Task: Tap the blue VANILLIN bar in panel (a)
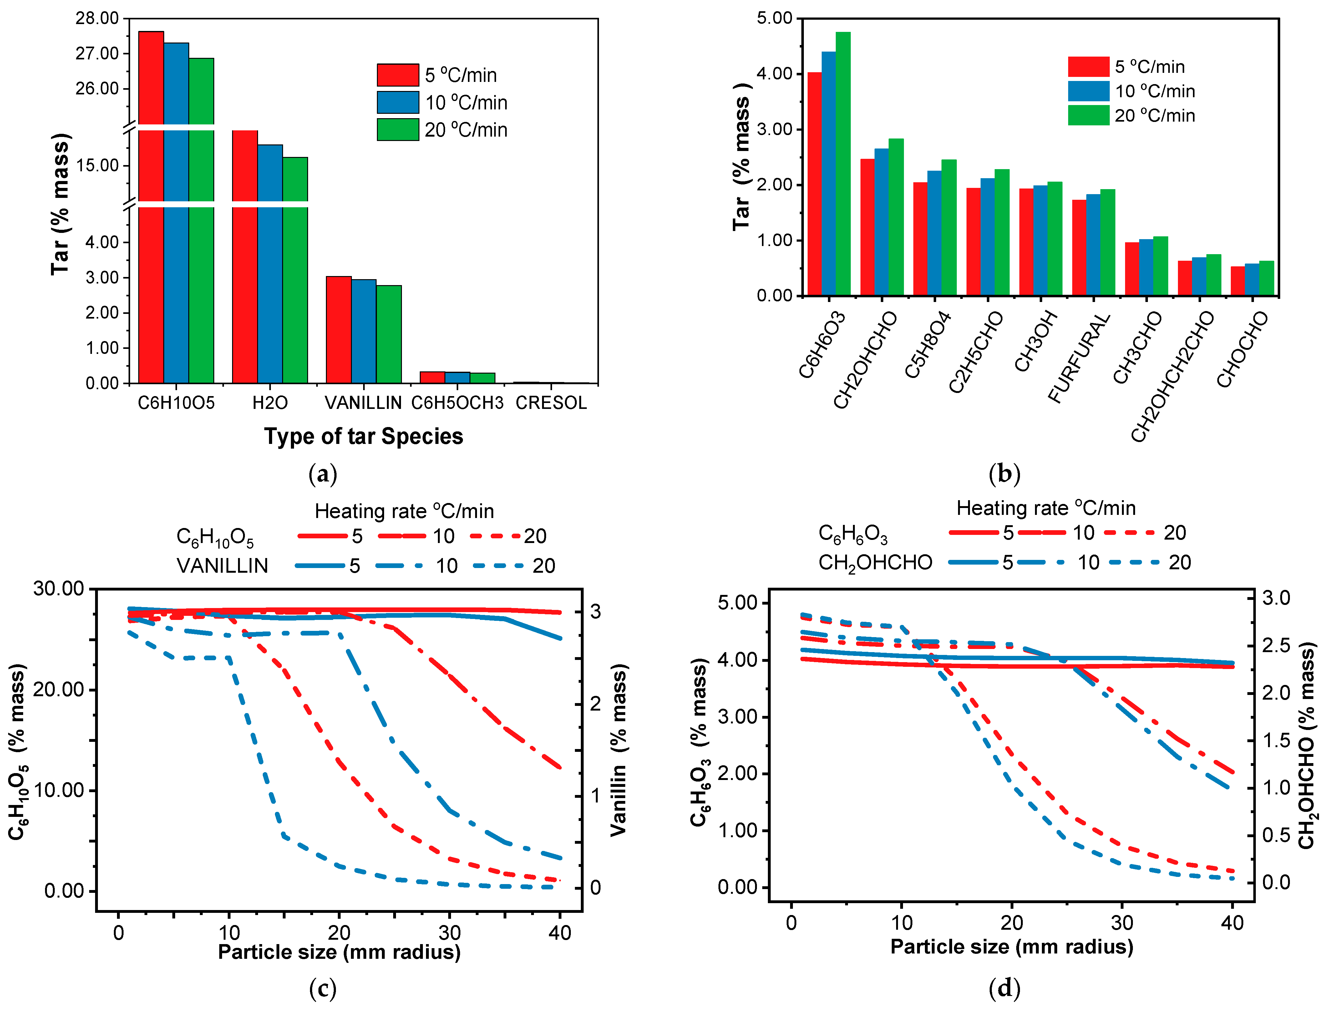pos(364,331)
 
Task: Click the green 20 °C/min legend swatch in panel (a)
pos(397,129)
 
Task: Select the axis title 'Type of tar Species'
pos(364,436)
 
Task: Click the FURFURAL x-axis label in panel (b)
pos(1079,358)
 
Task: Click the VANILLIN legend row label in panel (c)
pos(222,566)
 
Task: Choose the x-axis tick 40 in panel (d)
pos(1232,923)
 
